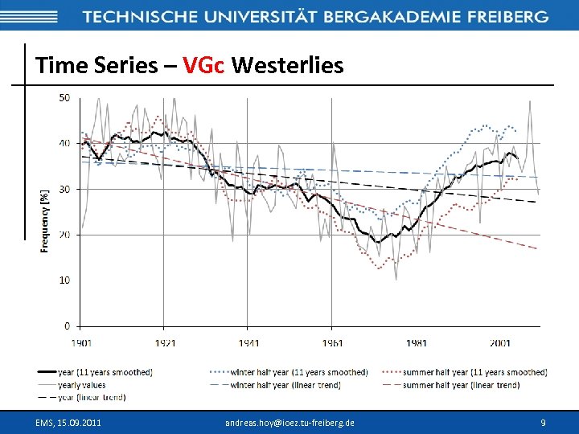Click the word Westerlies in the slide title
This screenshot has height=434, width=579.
287,65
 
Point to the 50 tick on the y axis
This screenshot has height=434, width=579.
64,98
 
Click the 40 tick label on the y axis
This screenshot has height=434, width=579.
64,143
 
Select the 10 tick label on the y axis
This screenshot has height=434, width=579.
64,280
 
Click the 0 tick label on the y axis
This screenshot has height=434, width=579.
67,325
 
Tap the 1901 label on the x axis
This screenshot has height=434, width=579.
81,343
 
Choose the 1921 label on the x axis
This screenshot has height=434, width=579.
165,343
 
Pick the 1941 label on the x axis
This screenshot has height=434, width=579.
248,343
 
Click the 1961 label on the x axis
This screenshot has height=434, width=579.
332,343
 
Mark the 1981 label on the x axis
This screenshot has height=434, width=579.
416,343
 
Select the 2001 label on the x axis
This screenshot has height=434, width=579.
499,343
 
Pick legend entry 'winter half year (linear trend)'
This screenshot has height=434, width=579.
285,385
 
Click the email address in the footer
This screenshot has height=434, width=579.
289,422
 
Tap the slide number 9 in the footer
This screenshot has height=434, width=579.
544,422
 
